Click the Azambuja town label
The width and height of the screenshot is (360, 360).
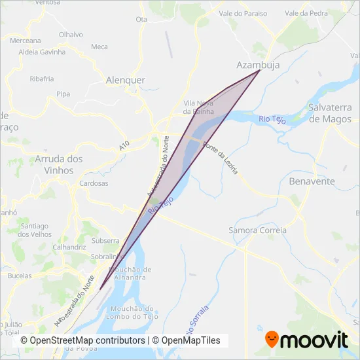(x=253, y=65)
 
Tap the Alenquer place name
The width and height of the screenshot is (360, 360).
(x=125, y=80)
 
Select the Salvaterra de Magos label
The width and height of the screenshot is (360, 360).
(x=331, y=113)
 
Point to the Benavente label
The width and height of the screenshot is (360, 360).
(x=312, y=181)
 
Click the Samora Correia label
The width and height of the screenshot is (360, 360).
(x=257, y=230)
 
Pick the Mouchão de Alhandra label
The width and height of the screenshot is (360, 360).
(x=134, y=273)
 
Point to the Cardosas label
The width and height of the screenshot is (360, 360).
(x=94, y=183)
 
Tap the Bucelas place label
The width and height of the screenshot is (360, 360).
(x=20, y=276)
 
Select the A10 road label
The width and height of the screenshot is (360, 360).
(x=124, y=148)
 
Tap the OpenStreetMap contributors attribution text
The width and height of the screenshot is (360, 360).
(x=82, y=340)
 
